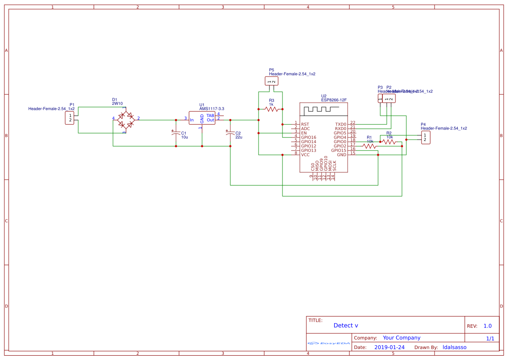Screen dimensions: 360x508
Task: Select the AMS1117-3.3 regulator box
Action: pyautogui.click(x=202, y=117)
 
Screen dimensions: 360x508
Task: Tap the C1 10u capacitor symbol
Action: pyautogui.click(x=176, y=133)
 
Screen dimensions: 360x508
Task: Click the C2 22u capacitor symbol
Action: pyautogui.click(x=230, y=133)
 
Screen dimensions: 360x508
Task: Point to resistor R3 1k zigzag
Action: pyautogui.click(x=272, y=109)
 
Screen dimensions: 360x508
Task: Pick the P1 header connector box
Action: pyautogui.click(x=70, y=118)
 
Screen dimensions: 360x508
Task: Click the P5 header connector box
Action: pyautogui.click(x=271, y=81)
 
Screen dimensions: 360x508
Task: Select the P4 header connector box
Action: pyautogui.click(x=426, y=137)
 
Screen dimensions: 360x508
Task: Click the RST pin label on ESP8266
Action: pyautogui.click(x=305, y=124)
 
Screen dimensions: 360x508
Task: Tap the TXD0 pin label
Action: pyautogui.click(x=341, y=124)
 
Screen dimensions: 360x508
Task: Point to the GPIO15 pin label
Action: pyautogui.click(x=339, y=150)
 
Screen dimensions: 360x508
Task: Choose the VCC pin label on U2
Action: pyautogui.click(x=305, y=155)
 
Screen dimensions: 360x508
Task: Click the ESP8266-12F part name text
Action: pyautogui.click(x=334, y=100)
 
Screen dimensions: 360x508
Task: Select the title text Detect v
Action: pyautogui.click(x=346, y=325)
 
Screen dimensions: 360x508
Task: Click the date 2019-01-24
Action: pyautogui.click(x=389, y=347)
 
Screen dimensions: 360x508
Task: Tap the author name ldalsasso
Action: pyautogui.click(x=454, y=347)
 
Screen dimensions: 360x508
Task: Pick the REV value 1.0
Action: pyautogui.click(x=488, y=326)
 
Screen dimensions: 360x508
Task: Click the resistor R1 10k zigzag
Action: pyautogui.click(x=369, y=146)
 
